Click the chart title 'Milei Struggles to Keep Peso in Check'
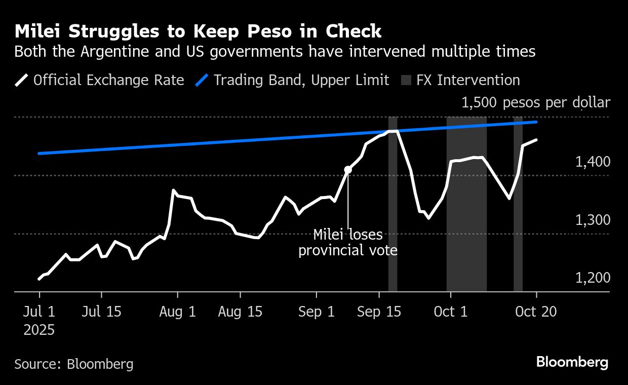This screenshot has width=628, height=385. [x=198, y=31]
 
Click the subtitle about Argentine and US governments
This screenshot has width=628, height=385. [x=275, y=52]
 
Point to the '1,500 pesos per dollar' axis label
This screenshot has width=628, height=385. [x=536, y=103]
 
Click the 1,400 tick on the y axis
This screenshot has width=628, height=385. [x=593, y=162]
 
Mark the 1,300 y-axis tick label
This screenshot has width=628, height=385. [x=593, y=220]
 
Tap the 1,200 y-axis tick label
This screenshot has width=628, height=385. [x=593, y=278]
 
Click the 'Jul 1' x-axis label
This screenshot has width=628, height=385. [x=40, y=312]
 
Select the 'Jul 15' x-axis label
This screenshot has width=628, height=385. [x=102, y=312]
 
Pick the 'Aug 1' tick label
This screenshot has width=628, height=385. [x=177, y=312]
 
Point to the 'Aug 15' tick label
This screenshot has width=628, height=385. [x=240, y=312]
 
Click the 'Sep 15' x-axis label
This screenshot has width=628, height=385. [x=379, y=312]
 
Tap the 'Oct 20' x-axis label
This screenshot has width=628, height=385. [x=536, y=312]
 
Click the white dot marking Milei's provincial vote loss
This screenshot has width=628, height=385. [x=348, y=170]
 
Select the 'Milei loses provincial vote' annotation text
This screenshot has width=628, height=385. [x=348, y=243]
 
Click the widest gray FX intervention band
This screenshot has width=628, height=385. [x=466, y=203]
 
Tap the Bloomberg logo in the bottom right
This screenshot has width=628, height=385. [x=572, y=363]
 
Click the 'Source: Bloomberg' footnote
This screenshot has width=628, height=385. [x=74, y=364]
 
